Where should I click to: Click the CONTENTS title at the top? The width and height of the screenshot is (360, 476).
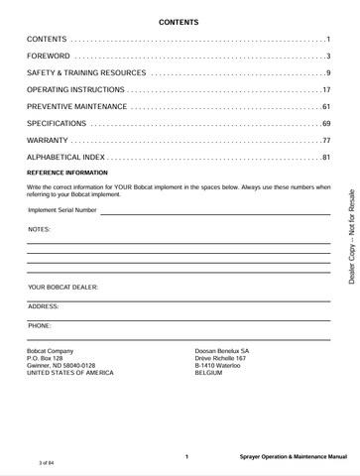[180, 21]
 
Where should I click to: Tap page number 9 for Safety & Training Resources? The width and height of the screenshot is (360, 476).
[327, 74]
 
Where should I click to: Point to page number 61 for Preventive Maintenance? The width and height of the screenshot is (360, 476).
[324, 107]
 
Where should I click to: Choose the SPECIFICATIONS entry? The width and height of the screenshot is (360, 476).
[58, 124]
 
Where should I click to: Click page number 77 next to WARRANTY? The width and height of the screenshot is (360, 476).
[324, 141]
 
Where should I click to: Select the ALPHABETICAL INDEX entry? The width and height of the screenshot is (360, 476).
[72, 158]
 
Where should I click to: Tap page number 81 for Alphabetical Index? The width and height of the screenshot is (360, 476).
[324, 158]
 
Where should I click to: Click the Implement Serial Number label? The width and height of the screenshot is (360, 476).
[62, 210]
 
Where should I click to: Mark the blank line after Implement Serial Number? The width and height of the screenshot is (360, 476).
[214, 212]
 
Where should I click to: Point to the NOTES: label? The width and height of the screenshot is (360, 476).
[40, 228]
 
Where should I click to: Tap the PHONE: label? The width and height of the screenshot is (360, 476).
[40, 325]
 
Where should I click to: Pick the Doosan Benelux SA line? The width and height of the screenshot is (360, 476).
[222, 351]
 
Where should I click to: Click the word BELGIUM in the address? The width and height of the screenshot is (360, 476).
[212, 373]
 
